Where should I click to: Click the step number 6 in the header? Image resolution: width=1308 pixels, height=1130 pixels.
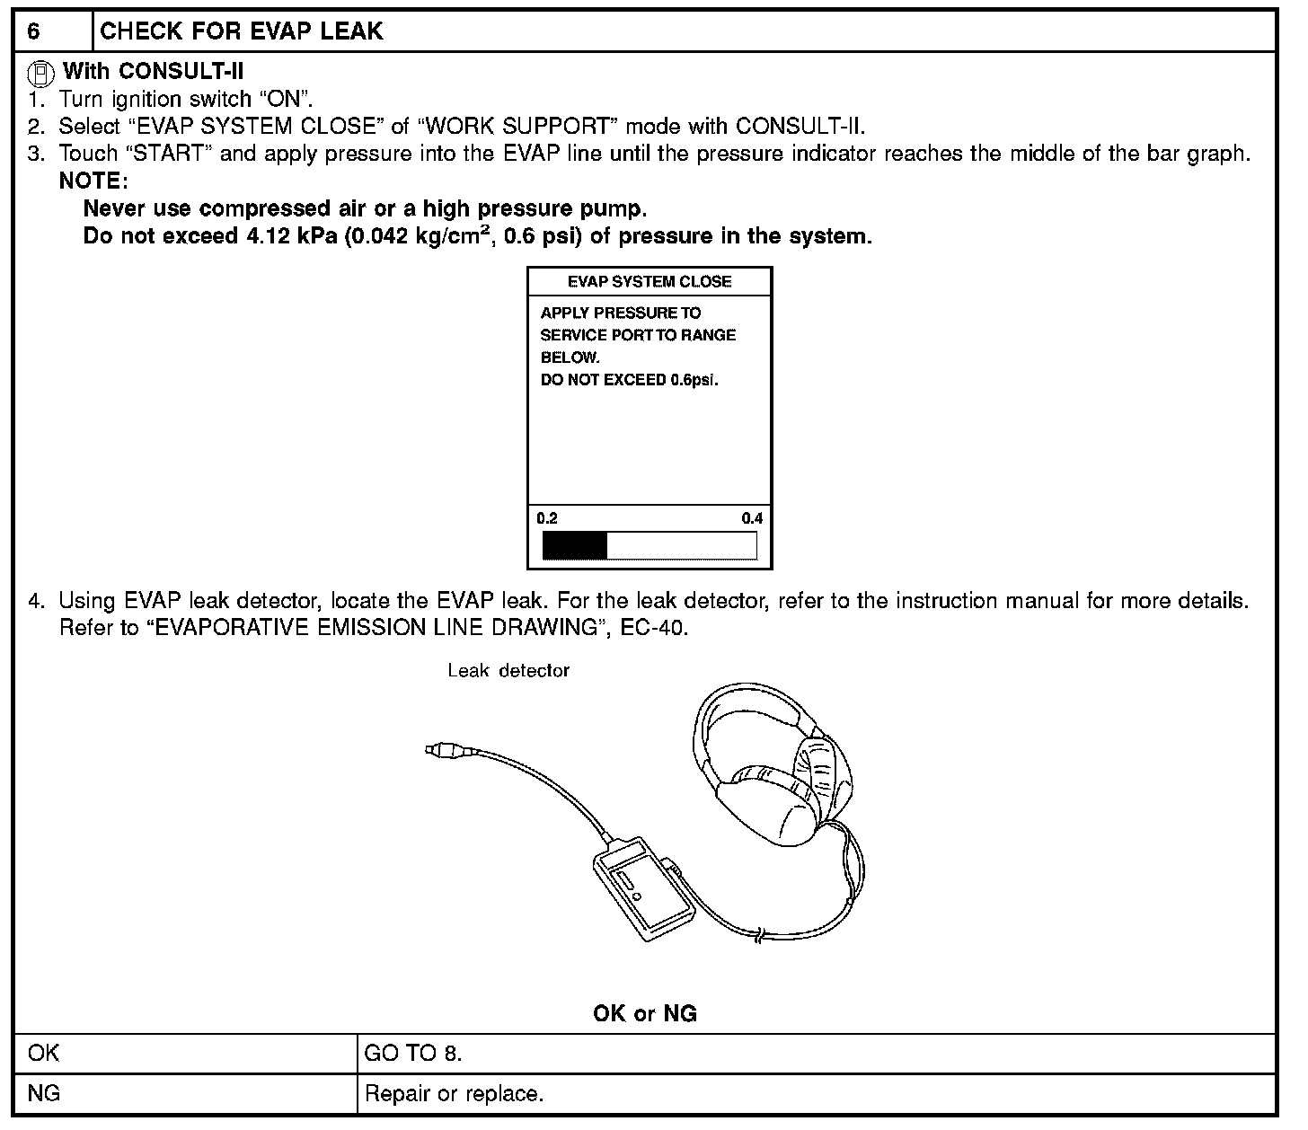click(33, 31)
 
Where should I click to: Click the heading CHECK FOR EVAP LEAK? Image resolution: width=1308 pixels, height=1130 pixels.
click(241, 31)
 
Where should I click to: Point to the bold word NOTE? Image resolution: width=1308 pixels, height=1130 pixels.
click(93, 181)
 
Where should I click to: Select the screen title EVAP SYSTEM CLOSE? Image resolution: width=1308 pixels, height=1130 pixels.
click(649, 282)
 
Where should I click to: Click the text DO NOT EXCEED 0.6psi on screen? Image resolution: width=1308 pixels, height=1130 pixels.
click(629, 380)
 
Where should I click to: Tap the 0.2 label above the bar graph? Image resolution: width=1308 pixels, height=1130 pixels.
click(547, 518)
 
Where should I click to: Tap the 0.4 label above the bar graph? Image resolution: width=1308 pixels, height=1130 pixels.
click(751, 518)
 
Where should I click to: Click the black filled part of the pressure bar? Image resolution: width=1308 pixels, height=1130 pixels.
click(575, 545)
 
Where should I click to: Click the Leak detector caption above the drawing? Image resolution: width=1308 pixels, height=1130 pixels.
click(508, 671)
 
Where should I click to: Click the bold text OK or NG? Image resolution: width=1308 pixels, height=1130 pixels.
click(645, 1014)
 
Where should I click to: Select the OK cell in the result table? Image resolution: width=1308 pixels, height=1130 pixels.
click(44, 1053)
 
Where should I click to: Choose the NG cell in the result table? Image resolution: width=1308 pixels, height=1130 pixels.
click(44, 1094)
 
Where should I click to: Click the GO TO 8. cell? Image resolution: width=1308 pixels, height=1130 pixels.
click(412, 1053)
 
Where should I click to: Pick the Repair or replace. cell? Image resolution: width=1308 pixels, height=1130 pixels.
click(454, 1094)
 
